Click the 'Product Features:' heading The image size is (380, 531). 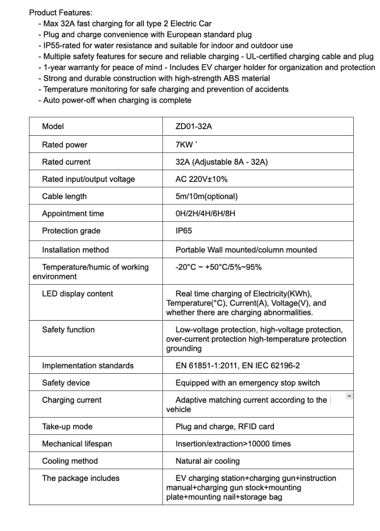[x=60, y=13]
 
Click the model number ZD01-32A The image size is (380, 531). [x=193, y=126]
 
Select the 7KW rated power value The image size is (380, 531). [x=184, y=144]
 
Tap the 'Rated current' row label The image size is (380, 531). [x=66, y=162]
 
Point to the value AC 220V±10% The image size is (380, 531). [x=201, y=179]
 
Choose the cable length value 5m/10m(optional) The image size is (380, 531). [x=206, y=196]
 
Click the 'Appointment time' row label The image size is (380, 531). [x=73, y=213]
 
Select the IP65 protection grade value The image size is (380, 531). [x=184, y=231]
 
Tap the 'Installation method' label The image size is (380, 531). [x=75, y=249]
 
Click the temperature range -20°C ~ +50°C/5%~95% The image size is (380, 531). [x=218, y=267]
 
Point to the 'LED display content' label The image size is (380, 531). [x=77, y=293]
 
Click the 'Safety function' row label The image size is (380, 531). [x=68, y=329]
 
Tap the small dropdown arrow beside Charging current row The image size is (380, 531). [x=349, y=396]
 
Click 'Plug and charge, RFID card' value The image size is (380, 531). [x=224, y=426]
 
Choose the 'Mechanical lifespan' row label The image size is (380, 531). [x=77, y=444]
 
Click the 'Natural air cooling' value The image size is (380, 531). [x=207, y=461]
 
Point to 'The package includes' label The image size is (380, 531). [x=81, y=478]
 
